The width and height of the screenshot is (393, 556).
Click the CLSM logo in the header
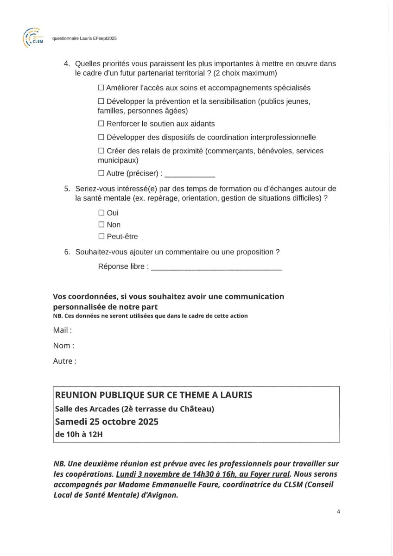[33, 38]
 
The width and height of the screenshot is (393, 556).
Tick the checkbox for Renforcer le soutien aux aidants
[101, 124]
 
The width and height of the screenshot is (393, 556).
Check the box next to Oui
[101, 213]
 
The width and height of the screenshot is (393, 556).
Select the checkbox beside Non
[101, 225]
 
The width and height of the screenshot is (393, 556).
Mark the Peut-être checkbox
[101, 237]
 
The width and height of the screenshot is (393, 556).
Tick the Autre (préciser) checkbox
[101, 173]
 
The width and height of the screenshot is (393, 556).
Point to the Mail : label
[63, 330]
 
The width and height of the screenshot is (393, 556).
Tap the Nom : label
[63, 346]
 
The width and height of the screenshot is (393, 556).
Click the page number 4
[338, 512]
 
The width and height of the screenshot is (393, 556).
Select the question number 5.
[67, 189]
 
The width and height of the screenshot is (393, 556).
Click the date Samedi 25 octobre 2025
[107, 422]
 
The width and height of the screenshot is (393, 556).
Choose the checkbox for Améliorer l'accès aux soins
[101, 88]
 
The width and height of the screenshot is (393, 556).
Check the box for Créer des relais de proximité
[101, 151]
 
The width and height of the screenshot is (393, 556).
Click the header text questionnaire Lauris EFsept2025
[84, 38]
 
